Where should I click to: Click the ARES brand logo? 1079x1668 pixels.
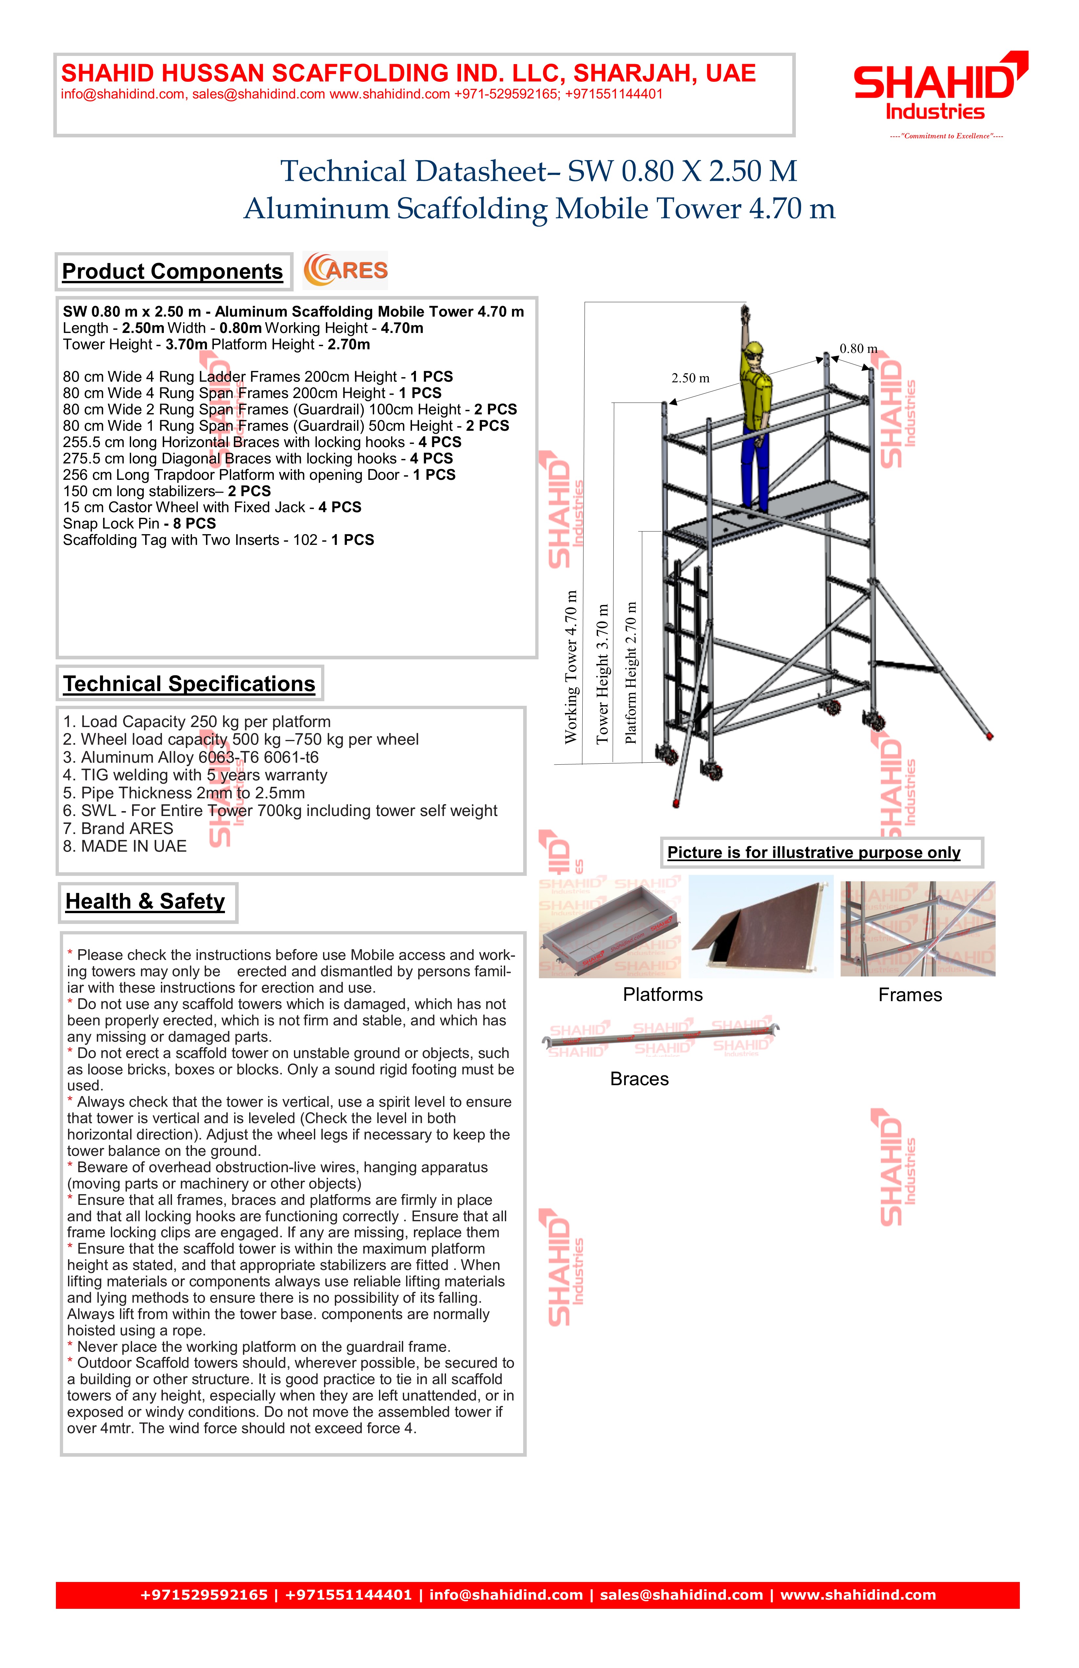point(346,270)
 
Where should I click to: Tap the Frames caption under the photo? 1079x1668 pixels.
point(910,995)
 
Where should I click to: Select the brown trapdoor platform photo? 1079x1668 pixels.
point(761,927)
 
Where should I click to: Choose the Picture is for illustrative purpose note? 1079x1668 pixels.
point(814,853)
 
